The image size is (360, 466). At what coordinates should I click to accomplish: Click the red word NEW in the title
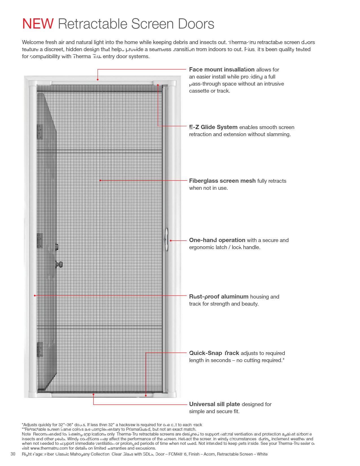click(x=38, y=24)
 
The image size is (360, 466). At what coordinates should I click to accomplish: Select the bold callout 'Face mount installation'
click(x=222, y=69)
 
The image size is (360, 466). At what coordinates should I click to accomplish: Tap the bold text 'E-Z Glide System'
click(x=213, y=127)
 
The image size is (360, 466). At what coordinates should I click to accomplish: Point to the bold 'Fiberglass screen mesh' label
click(x=222, y=181)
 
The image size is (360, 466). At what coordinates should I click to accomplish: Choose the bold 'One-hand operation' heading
click(x=217, y=240)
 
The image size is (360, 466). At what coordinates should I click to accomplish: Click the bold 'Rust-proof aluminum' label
click(x=219, y=297)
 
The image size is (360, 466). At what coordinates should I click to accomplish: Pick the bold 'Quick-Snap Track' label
click(x=214, y=353)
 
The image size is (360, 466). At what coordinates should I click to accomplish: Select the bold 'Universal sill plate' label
click(x=214, y=404)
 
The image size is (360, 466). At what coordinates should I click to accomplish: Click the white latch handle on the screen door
click(x=166, y=240)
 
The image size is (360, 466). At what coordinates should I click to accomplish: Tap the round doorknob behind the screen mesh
click(x=60, y=265)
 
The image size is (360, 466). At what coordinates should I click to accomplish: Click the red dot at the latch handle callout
click(x=171, y=241)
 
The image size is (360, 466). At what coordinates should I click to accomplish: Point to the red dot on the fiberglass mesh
click(x=100, y=180)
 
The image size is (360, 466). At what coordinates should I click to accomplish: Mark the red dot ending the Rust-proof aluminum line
click(x=35, y=295)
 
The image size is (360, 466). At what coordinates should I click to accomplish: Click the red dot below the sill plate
click(x=93, y=394)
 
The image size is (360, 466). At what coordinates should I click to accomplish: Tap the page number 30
click(x=13, y=454)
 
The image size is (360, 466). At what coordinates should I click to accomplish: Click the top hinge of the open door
click(x=40, y=132)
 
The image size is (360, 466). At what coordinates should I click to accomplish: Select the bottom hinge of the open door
click(x=40, y=349)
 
